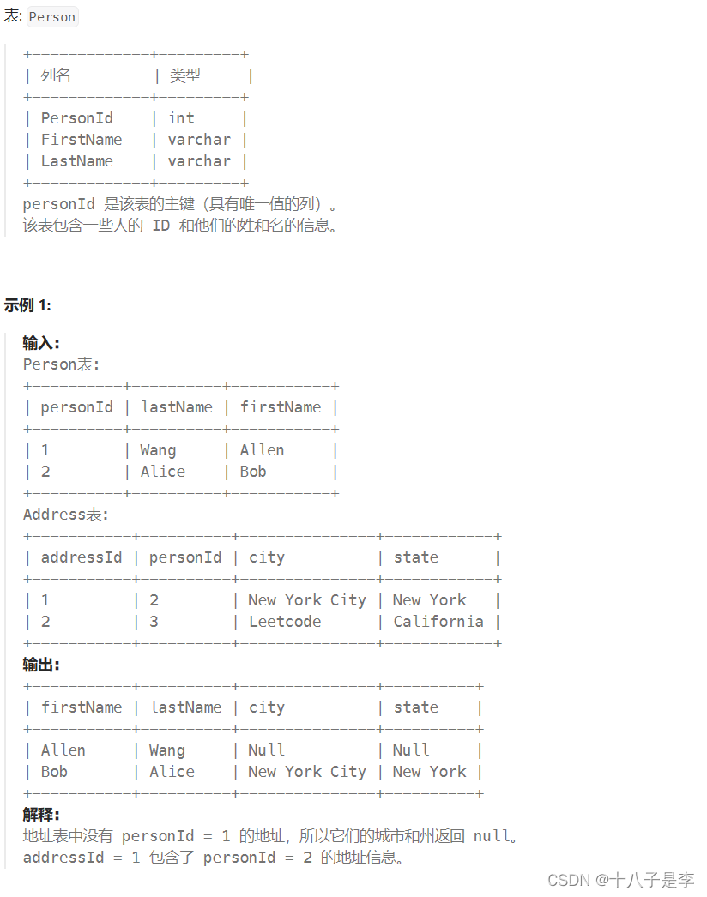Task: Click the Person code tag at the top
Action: click(x=52, y=17)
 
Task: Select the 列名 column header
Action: click(x=56, y=75)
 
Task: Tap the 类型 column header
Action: click(x=184, y=75)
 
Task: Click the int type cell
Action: click(x=181, y=118)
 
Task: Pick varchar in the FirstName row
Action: click(x=199, y=140)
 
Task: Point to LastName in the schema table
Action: click(x=76, y=161)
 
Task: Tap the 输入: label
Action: click(x=41, y=343)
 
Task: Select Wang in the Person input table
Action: click(x=158, y=450)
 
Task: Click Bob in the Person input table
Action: click(x=253, y=472)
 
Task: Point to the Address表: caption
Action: click(x=66, y=515)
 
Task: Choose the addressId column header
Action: click(x=82, y=557)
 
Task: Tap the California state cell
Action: click(x=438, y=622)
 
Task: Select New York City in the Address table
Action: click(x=307, y=600)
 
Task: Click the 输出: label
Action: click(x=41, y=665)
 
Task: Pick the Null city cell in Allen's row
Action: click(x=266, y=750)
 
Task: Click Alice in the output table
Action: click(x=172, y=772)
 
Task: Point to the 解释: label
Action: click(x=41, y=815)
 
